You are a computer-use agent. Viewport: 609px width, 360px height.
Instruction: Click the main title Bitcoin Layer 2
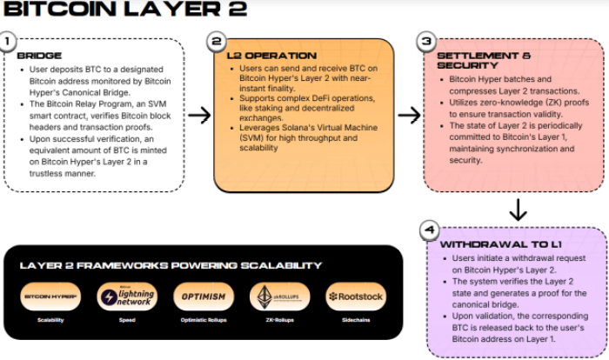pos(125,10)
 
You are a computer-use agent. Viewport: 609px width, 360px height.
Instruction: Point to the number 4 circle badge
pos(428,230)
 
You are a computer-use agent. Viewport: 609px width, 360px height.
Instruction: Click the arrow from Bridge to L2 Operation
pos(199,115)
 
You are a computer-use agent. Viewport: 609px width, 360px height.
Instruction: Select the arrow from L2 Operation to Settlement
pos(409,115)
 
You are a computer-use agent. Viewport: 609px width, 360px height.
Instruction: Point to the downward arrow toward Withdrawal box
pos(518,210)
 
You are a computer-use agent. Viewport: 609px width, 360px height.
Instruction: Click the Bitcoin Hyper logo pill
pos(50,297)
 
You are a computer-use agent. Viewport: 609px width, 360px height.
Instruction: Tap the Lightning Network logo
pos(127,297)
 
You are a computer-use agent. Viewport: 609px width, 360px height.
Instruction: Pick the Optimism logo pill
pos(204,297)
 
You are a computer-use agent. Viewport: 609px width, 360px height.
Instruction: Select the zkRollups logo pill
pos(280,297)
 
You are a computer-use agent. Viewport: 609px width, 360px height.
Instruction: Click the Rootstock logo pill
pos(356,297)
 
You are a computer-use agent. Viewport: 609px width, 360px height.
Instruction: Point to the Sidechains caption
pos(356,320)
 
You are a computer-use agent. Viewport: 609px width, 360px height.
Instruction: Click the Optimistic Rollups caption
pos(204,320)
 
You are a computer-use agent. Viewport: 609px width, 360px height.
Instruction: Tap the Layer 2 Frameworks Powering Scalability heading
pos(171,265)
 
